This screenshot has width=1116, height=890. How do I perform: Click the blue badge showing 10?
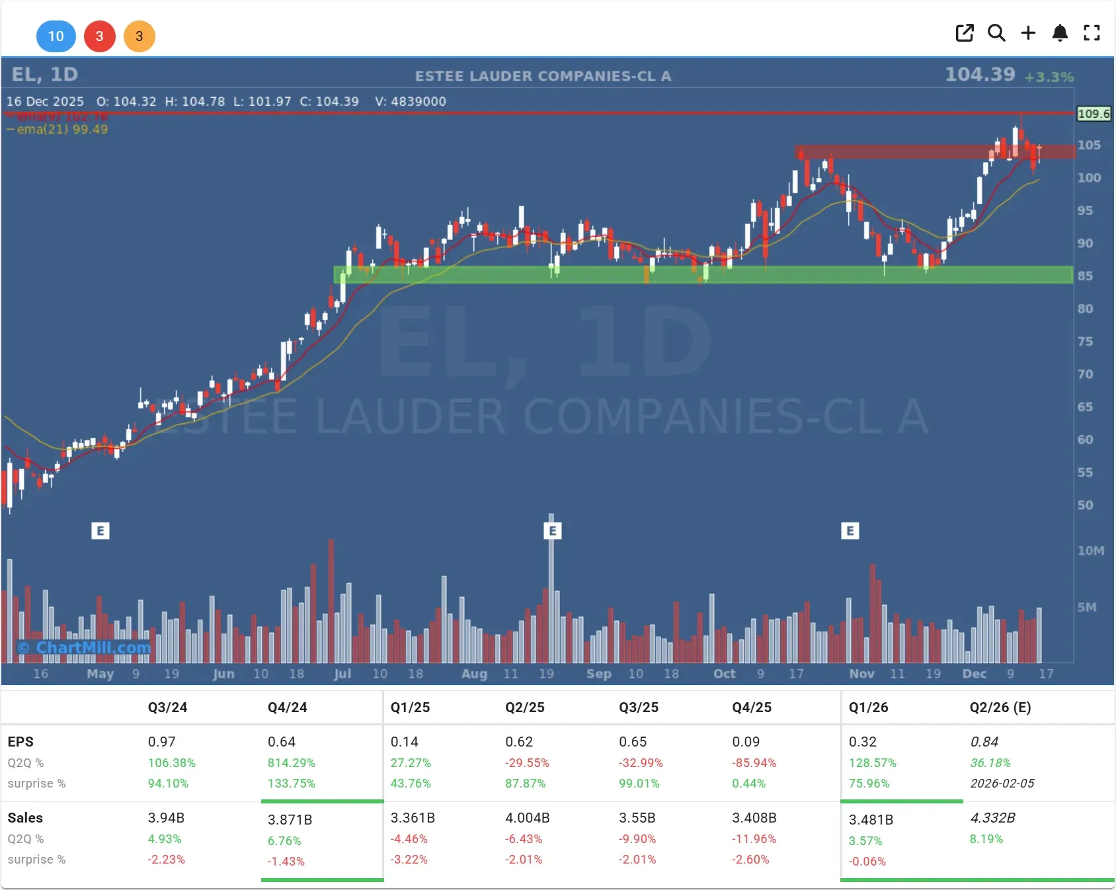[56, 36]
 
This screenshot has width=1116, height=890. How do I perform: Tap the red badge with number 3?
[99, 36]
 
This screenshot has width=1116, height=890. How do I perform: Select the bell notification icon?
[1060, 33]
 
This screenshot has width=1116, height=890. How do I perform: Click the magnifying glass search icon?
[996, 33]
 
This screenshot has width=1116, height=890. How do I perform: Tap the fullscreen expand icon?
[1092, 33]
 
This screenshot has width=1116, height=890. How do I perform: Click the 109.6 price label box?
[1094, 114]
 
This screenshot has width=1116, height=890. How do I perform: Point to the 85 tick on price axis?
[1085, 276]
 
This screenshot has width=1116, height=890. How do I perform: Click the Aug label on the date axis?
[474, 674]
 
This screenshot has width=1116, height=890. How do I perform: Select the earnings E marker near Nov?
[850, 531]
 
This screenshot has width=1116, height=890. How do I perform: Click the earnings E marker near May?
[100, 531]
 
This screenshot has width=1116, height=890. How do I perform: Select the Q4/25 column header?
[752, 708]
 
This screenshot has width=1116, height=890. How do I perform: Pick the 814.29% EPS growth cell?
[291, 762]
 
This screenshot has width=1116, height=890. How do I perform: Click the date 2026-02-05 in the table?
[1002, 784]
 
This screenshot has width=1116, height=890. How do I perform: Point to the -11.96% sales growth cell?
[754, 839]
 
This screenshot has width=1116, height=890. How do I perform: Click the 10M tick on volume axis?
[1090, 551]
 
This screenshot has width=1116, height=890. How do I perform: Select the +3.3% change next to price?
[1049, 77]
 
